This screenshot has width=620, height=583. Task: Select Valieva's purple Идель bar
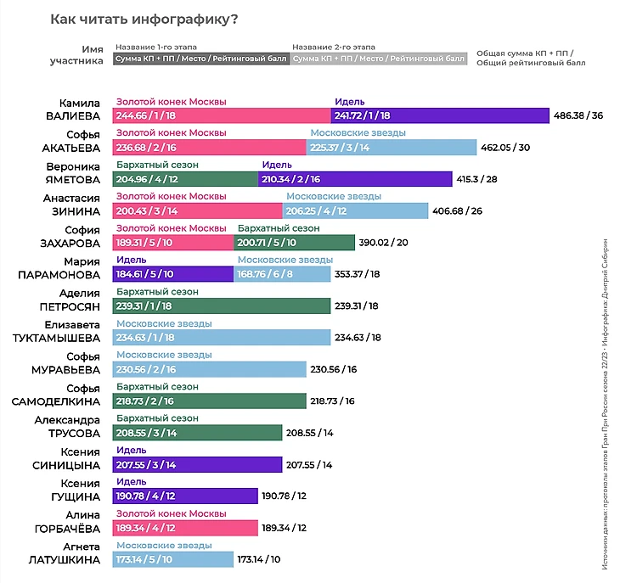(x=440, y=115)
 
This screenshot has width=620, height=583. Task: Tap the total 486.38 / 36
(x=578, y=115)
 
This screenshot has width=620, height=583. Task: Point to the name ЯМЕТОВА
(x=72, y=178)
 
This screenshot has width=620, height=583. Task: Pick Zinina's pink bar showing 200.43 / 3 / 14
(x=197, y=210)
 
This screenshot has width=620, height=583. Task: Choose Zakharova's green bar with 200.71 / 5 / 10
(x=294, y=242)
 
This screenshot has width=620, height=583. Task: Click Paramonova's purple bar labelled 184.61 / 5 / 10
(x=172, y=273)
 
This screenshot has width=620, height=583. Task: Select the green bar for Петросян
(x=221, y=305)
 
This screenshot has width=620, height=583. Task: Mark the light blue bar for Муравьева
(x=209, y=369)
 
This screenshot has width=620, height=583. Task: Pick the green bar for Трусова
(x=197, y=432)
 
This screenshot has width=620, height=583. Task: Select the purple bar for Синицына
(x=197, y=464)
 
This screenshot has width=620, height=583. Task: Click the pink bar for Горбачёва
(x=184, y=528)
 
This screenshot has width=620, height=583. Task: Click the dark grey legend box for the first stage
(x=200, y=59)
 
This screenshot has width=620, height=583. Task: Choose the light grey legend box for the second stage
(x=379, y=59)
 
